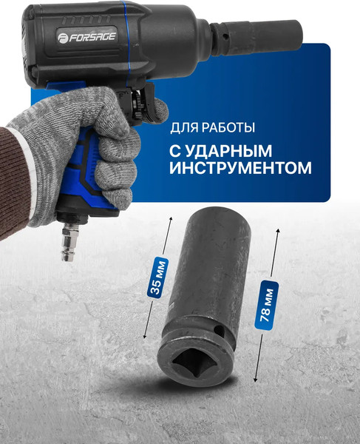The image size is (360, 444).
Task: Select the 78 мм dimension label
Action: (270, 302)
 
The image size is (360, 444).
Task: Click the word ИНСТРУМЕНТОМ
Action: (240, 168)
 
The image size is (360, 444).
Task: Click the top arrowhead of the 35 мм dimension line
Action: (171, 219)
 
